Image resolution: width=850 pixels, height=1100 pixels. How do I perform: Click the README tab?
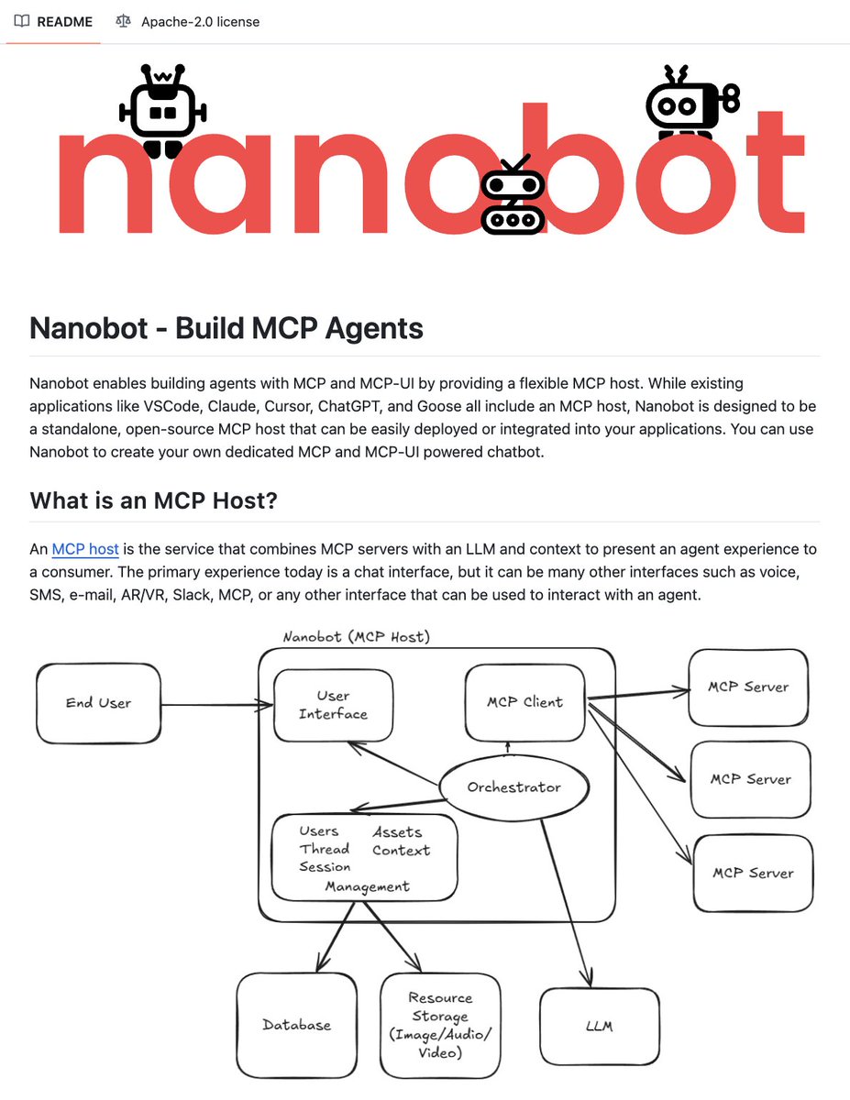coord(54,21)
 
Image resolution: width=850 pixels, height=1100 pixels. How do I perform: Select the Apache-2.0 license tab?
coord(188,21)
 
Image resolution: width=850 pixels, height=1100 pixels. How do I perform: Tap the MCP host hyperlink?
coord(85,549)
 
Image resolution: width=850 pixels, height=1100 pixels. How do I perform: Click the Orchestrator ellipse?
coord(513,786)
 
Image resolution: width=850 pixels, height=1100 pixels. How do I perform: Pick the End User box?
coord(99,703)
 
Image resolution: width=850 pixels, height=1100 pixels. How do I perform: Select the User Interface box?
coord(333,705)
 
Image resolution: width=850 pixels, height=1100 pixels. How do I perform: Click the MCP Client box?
coord(524,703)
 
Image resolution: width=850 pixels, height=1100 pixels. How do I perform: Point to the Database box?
coord(296,1025)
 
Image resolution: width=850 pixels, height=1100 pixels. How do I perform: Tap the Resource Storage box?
coord(440,1025)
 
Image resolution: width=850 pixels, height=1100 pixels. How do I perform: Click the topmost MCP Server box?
coord(748,687)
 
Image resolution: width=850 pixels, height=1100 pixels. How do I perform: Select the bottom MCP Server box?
coord(753,873)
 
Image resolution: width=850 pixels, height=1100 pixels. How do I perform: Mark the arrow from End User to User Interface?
coord(216,705)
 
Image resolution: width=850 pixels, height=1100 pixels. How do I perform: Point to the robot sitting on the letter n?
coord(163,111)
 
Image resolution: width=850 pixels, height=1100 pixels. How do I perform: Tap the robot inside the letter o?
coord(513,195)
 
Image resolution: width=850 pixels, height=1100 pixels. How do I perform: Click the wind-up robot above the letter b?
coord(690,104)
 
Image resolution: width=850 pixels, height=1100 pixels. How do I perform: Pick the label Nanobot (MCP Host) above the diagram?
coord(357,636)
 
